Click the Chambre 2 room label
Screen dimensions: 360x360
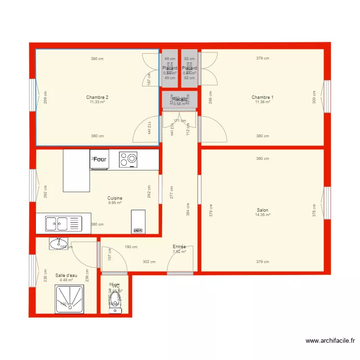[x=97, y=97]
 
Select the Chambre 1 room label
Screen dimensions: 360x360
[x=262, y=97]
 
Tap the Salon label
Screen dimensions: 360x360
[x=263, y=210]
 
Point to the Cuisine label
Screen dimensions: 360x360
[x=115, y=198]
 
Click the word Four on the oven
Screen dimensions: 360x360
[x=100, y=159]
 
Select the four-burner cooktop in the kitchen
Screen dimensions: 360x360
[x=128, y=159]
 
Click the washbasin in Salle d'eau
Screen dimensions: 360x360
[x=59, y=243]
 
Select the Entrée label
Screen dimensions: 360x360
[x=179, y=247]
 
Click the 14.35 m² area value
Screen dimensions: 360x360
[x=263, y=215]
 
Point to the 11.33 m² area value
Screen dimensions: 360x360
[x=97, y=102]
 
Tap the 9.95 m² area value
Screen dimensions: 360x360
[x=115, y=203]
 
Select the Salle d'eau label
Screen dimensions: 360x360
[x=66, y=276]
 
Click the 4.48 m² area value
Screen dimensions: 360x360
[x=66, y=280]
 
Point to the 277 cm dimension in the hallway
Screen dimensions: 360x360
[x=172, y=192]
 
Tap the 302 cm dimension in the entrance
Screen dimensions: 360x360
[x=149, y=262]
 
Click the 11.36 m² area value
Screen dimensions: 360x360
[x=262, y=102]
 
